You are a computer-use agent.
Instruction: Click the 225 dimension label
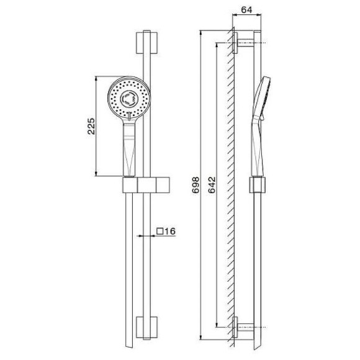click(91, 126)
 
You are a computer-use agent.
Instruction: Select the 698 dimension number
click(196, 185)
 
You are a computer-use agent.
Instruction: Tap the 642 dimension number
click(212, 185)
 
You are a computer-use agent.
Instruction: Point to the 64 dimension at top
click(247, 10)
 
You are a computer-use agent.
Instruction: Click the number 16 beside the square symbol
click(170, 231)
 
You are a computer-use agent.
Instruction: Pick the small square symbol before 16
click(160, 231)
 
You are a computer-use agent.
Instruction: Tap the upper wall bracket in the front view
click(146, 43)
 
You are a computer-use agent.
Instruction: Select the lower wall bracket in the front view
click(146, 327)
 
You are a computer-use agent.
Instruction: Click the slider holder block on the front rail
click(146, 185)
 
